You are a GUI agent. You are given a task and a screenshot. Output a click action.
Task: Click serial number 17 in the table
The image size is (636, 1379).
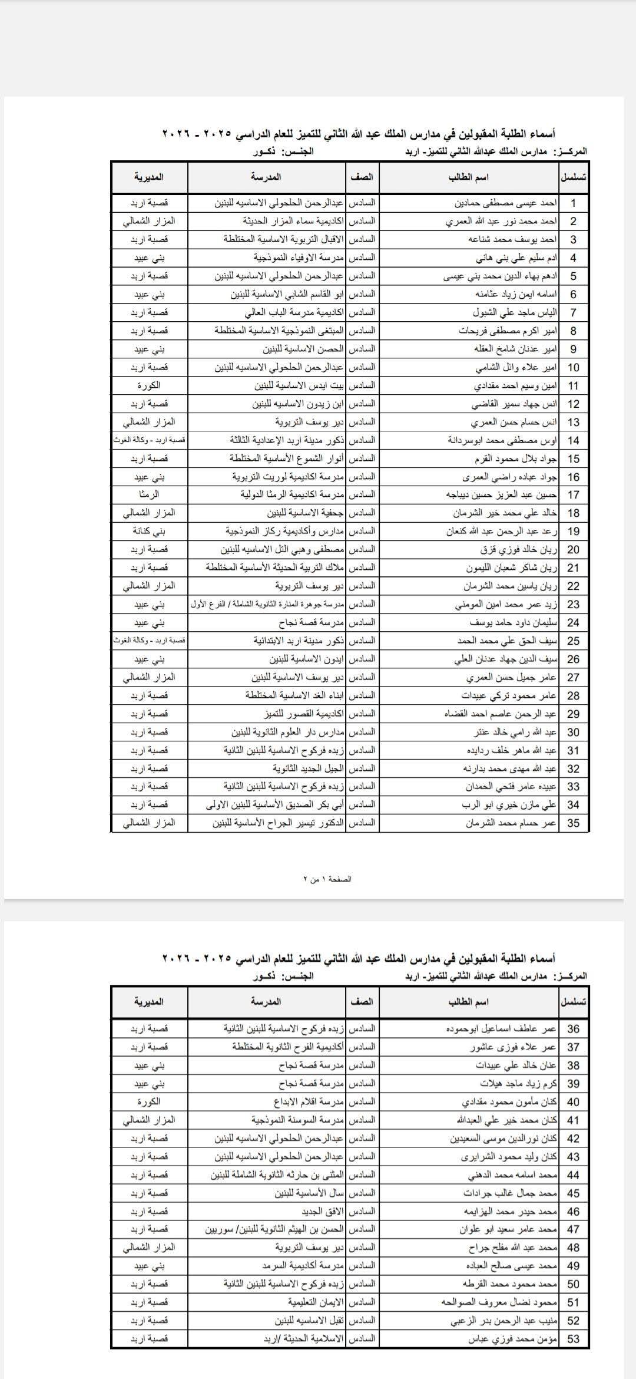(573, 494)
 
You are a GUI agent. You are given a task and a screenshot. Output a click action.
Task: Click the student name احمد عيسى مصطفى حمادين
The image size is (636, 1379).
(506, 203)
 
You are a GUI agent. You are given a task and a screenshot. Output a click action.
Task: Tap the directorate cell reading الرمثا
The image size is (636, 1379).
(149, 494)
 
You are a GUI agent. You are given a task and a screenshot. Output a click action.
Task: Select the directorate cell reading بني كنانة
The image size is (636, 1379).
(149, 531)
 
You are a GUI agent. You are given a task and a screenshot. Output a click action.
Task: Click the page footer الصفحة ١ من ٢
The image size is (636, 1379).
(327, 879)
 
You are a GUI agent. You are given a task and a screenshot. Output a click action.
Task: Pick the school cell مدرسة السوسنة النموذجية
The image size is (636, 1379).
(297, 1120)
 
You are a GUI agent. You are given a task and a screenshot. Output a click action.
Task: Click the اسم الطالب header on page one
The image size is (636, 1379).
(469, 177)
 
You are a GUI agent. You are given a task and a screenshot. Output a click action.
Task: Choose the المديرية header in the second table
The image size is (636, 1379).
(149, 1002)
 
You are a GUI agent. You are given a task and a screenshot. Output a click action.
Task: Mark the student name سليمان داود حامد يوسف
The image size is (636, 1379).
(513, 622)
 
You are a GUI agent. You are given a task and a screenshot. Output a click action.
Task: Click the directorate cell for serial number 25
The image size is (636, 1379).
(149, 641)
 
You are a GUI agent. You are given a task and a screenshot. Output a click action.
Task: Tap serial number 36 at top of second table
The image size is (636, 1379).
(573, 1029)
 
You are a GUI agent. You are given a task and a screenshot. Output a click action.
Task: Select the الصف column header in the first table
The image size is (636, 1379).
(362, 177)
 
